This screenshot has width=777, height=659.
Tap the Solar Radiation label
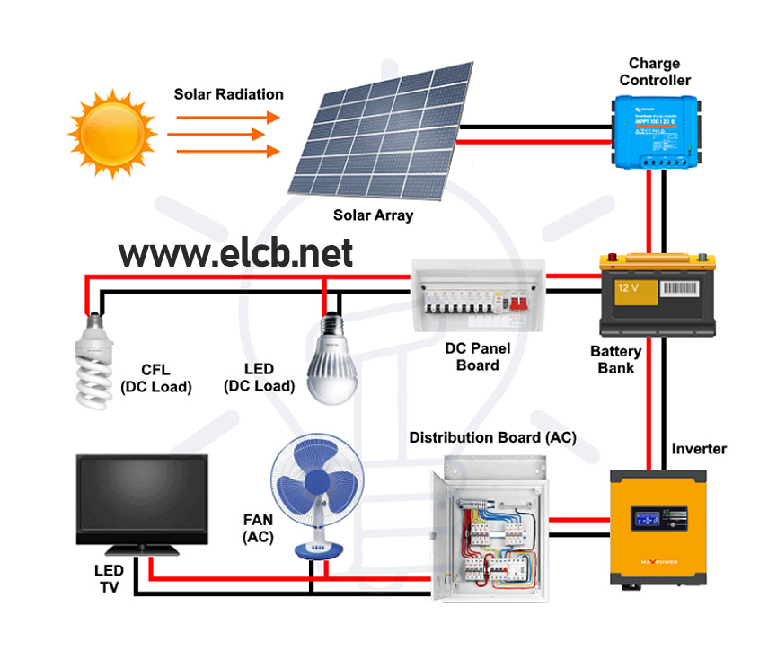pos(228,94)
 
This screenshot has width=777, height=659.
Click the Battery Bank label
pos(615,359)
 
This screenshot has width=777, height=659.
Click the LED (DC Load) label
pos(259,377)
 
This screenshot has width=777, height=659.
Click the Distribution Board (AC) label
pos(492,437)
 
